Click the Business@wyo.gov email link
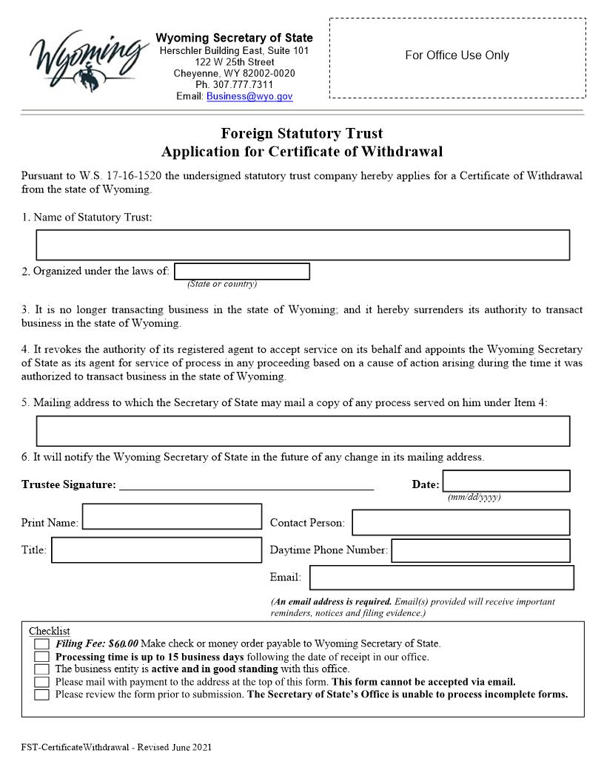click(249, 96)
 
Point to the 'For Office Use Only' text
click(457, 55)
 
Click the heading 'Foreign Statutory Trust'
click(302, 134)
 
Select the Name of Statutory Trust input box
click(303, 245)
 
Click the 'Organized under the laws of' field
click(242, 271)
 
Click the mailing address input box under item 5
click(303, 431)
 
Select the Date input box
click(506, 481)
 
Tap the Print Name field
click(172, 517)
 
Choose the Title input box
click(156, 550)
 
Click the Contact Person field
click(460, 522)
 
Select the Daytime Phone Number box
click(480, 550)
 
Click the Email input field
click(441, 578)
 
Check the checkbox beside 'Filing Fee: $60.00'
click(42, 644)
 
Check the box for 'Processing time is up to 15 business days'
click(42, 657)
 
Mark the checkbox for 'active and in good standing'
click(42, 669)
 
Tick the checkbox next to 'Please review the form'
click(42, 694)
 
